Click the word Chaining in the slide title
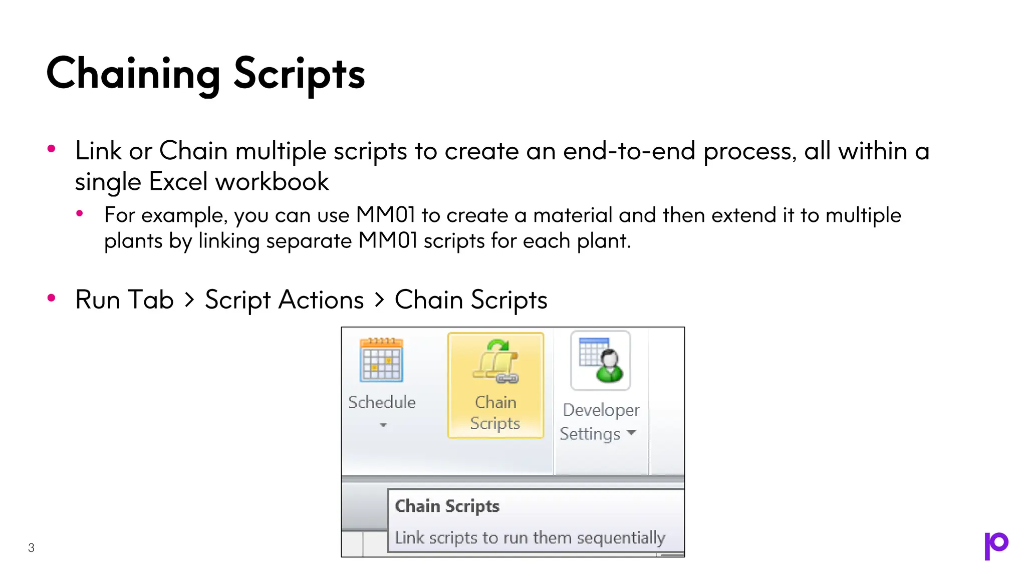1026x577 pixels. [133, 74]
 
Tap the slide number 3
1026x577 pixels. [31, 548]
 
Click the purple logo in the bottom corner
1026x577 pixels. [996, 545]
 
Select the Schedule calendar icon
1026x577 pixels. [381, 360]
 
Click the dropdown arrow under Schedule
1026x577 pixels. [383, 425]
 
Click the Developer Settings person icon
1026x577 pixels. [601, 360]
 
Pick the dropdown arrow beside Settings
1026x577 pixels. [631, 432]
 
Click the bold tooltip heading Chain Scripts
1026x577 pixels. [447, 506]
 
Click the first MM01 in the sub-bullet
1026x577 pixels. [385, 215]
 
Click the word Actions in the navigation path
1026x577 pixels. [321, 300]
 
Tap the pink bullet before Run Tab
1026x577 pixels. [51, 299]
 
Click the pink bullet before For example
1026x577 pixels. [80, 214]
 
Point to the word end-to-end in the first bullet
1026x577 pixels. [629, 151]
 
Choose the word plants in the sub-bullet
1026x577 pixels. [133, 241]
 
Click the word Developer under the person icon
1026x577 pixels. [601, 410]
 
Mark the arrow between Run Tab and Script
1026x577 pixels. [189, 300]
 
